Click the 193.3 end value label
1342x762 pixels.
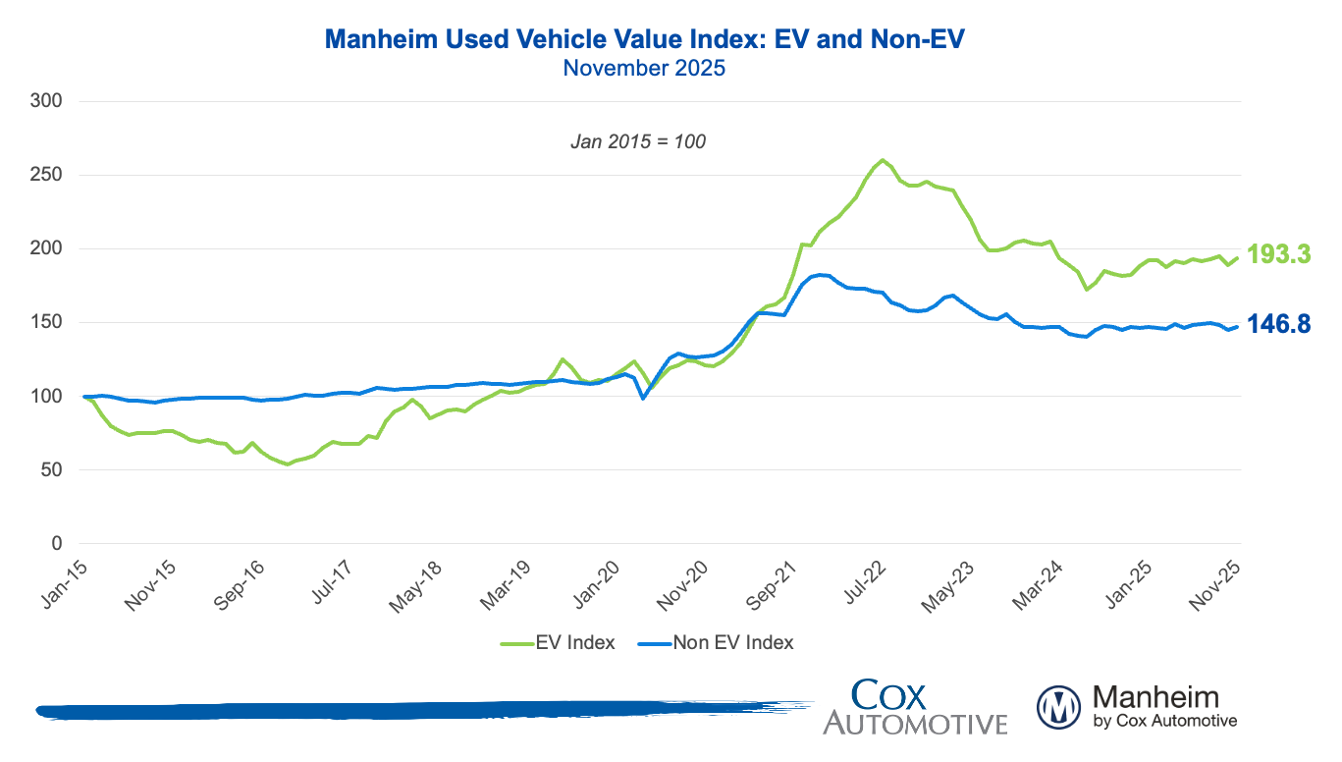[x=1279, y=254]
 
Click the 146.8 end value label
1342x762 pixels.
[x=1279, y=325]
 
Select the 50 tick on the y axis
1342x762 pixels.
[x=55, y=470]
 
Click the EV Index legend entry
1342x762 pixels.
[x=559, y=643]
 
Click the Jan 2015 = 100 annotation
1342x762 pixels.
[x=638, y=141]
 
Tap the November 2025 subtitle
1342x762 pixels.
[x=643, y=69]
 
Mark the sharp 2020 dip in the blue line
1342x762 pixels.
[x=643, y=398]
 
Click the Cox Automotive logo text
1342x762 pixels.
[x=915, y=707]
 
